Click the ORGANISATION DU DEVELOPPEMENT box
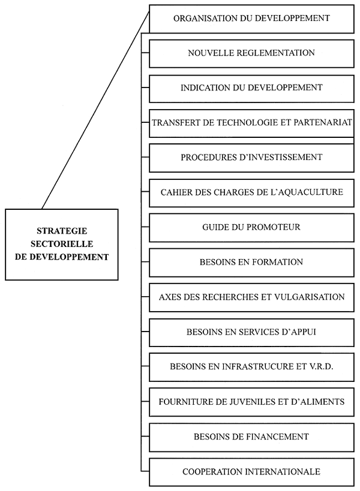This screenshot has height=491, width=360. (251, 19)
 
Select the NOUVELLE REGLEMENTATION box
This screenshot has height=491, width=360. (251, 53)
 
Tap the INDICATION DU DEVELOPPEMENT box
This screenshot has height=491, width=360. (251, 88)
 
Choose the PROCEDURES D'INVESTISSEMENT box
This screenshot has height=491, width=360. (251, 158)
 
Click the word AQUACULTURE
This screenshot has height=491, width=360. (313, 192)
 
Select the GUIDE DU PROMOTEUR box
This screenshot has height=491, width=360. (251, 227)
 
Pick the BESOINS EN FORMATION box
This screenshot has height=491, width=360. (251, 262)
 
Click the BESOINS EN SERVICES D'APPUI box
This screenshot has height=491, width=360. (251, 332)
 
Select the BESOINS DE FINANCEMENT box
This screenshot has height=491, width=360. (251, 436)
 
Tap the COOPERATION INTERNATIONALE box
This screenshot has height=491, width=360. (251, 472)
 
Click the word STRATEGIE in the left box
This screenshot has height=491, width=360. (61, 230)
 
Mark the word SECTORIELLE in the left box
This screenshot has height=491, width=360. (61, 243)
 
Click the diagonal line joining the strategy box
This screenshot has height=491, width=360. (96, 111)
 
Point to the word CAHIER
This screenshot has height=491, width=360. (175, 192)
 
